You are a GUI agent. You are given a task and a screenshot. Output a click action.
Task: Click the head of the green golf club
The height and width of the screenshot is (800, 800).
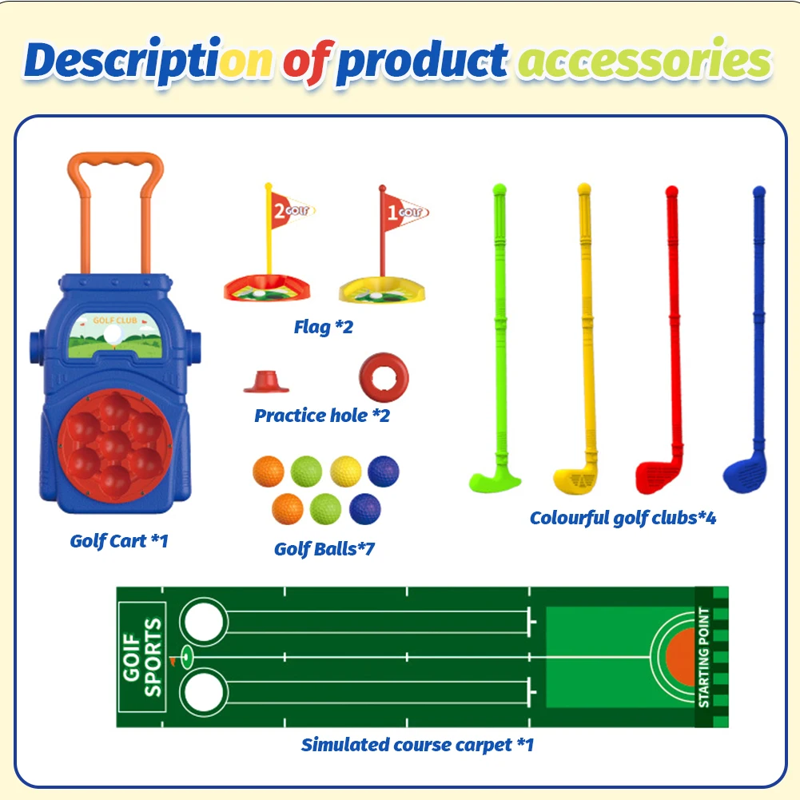(493, 481)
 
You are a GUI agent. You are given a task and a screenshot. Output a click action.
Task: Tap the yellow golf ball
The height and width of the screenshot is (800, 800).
(346, 470)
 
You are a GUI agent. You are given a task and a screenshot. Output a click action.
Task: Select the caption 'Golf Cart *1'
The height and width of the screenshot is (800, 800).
(119, 541)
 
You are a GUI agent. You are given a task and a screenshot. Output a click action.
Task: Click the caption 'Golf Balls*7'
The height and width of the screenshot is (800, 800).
(324, 549)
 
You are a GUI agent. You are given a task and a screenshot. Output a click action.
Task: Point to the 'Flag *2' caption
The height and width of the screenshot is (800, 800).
(323, 327)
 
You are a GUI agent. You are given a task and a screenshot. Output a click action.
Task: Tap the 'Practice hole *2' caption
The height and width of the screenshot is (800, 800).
(322, 416)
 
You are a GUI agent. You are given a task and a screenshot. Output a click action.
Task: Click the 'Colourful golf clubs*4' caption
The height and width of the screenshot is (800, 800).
(623, 518)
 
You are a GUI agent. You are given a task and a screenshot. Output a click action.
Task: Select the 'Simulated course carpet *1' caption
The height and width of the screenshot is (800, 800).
(417, 745)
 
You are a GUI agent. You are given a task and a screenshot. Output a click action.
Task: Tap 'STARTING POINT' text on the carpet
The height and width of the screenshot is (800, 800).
(703, 658)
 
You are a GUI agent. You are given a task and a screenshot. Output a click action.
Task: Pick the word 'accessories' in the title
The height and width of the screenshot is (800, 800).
(643, 62)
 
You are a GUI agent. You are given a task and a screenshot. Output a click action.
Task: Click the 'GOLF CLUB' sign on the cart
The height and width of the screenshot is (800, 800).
(115, 320)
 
